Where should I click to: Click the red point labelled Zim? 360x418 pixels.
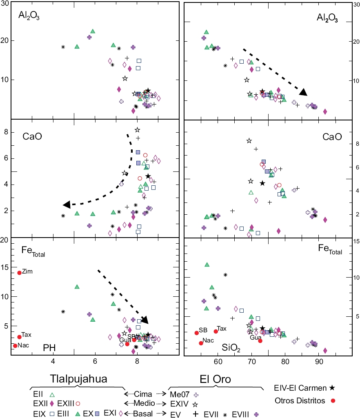point(19,273)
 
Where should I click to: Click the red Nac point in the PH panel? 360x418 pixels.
point(15,346)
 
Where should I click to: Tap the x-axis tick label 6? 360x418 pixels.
point(95,362)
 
